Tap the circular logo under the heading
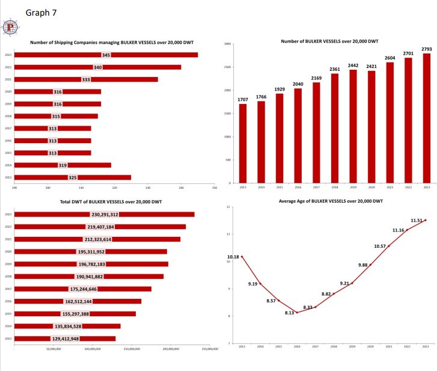pos(11,27)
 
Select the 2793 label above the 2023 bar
pos(426,49)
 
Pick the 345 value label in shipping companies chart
pos(106,55)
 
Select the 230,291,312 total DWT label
pos(105,214)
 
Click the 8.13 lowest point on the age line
pos(297,312)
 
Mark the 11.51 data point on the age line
pos(426,220)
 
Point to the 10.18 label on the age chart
pos(233,257)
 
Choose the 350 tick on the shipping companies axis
pos(214,188)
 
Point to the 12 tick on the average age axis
pos(228,207)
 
